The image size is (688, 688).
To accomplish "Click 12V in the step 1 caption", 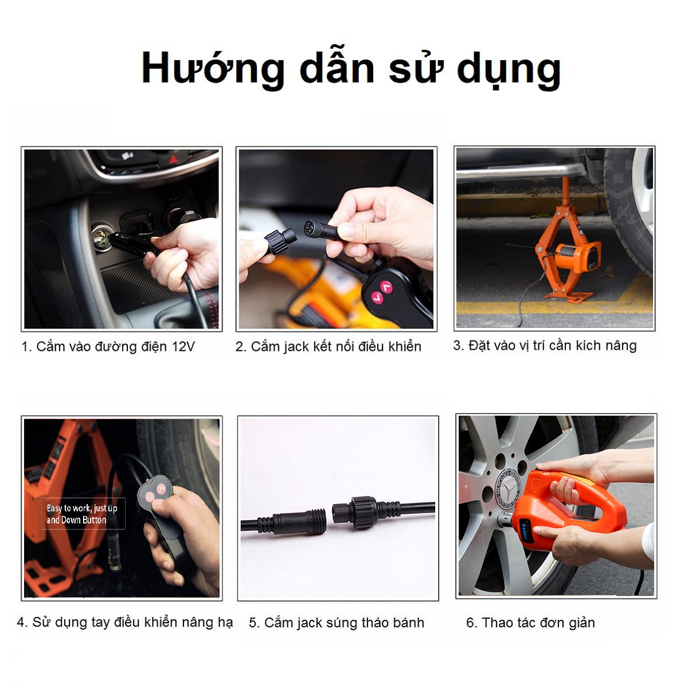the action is (183, 346).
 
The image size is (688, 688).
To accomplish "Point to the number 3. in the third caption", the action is (459, 345).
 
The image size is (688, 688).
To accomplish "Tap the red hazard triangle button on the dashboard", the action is (173, 159).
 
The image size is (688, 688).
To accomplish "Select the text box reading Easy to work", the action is (83, 513).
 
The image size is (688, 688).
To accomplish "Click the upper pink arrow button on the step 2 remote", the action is (386, 286).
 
